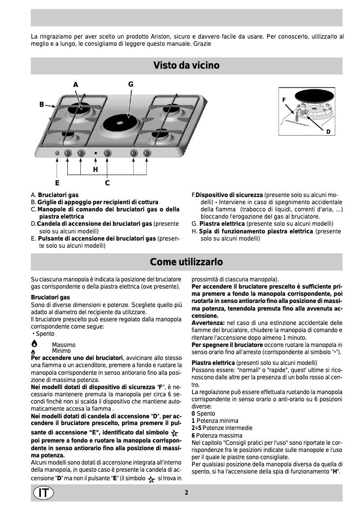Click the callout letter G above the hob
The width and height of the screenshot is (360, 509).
[x=131, y=84]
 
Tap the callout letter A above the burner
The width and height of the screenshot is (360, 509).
[x=75, y=84]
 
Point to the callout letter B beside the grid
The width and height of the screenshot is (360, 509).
[x=41, y=105]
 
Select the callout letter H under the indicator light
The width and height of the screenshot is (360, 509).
[x=95, y=170]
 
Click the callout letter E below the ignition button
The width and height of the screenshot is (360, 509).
[x=57, y=183]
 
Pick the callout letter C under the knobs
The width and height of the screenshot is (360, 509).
[x=107, y=183]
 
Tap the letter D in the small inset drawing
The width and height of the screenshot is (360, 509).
[x=328, y=132]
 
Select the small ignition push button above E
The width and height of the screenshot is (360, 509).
[x=57, y=154]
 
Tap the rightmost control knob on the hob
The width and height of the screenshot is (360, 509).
[x=146, y=153]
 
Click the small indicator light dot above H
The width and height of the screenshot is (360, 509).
[x=95, y=154]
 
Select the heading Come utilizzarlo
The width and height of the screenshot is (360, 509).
[x=186, y=261]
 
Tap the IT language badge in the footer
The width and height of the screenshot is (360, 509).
[x=43, y=492]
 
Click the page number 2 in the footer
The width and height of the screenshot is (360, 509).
[x=186, y=492]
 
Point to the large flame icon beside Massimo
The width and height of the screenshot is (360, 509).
[x=34, y=344]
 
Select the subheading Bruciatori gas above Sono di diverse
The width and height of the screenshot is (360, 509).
[x=50, y=297]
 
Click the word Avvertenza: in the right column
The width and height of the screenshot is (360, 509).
[x=208, y=322]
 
